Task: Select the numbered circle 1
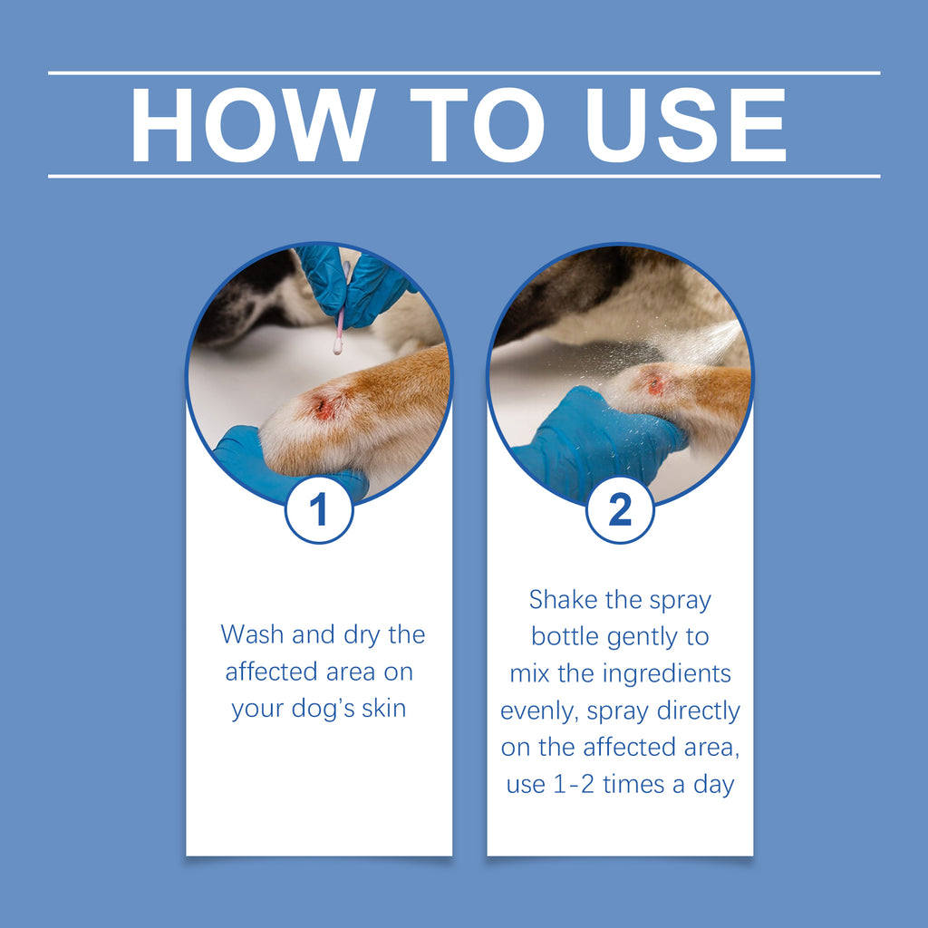coord(318,510)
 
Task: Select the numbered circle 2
coord(620,510)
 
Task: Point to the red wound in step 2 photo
coord(655,384)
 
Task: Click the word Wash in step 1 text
coord(252,634)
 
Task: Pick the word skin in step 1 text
coord(384,708)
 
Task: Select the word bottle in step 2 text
coord(565,636)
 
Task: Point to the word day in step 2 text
coord(713,785)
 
